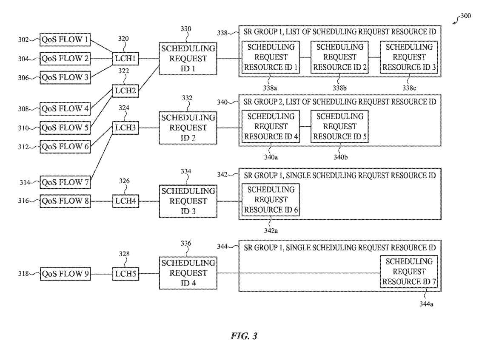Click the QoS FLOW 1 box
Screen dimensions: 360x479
(x=65, y=40)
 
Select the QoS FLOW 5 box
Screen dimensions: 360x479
(x=65, y=128)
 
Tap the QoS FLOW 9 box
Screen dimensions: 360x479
(x=65, y=274)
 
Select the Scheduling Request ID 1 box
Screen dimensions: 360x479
(x=188, y=59)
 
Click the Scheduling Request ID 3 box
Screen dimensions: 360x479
(x=188, y=201)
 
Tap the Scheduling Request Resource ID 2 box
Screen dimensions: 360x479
(x=339, y=57)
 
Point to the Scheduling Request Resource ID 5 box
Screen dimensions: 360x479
(x=339, y=126)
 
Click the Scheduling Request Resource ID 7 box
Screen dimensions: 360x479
(x=409, y=272)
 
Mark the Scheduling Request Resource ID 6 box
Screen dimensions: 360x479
(x=271, y=199)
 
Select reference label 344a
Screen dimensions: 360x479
(x=427, y=303)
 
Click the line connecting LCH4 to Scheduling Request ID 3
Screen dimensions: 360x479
(x=149, y=201)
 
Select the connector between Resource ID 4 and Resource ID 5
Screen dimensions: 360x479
(x=305, y=126)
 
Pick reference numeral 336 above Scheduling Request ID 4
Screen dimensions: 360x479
(x=186, y=244)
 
